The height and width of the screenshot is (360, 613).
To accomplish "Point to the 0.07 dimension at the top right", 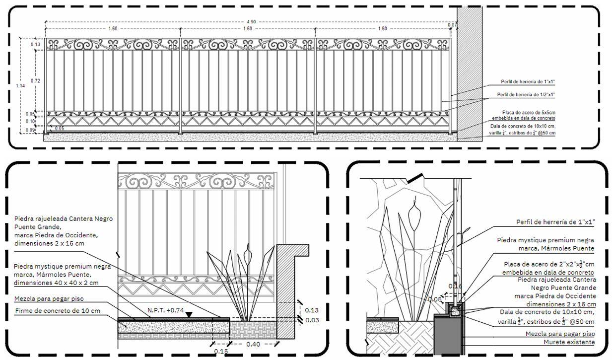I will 452,25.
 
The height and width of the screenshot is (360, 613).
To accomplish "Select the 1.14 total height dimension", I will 20,86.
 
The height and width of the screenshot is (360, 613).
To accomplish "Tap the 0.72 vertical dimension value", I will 35,80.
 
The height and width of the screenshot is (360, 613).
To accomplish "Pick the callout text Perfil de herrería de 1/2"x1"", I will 526,94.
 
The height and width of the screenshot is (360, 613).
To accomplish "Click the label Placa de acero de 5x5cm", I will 528,113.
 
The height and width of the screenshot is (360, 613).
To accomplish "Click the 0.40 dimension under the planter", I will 253,344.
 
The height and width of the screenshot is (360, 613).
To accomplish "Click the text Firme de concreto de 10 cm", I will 58,311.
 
